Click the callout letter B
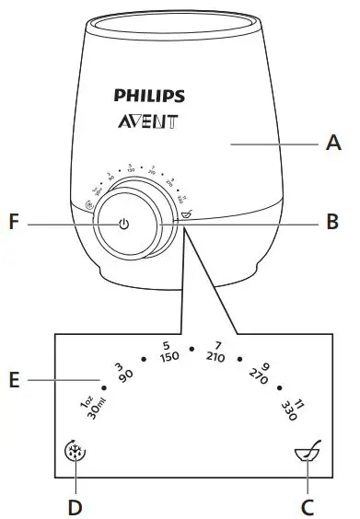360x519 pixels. click(332, 222)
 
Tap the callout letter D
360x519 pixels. click(76, 505)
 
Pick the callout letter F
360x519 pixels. click(12, 222)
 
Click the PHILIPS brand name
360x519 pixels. click(149, 96)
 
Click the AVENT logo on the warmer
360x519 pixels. click(149, 121)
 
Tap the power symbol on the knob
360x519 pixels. click(123, 223)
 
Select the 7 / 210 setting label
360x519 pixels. click(216, 352)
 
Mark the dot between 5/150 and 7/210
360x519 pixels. click(191, 349)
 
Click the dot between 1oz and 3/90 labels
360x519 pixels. click(104, 387)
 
